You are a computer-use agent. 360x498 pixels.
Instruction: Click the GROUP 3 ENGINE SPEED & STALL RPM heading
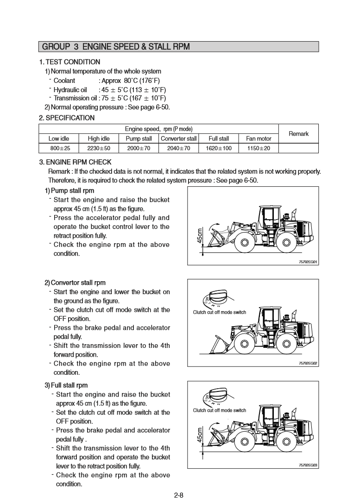pyautogui.click(x=116, y=47)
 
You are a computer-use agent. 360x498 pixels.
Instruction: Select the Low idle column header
pyautogui.click(x=59, y=139)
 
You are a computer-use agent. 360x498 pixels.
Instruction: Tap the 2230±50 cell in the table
pyautogui.click(x=99, y=148)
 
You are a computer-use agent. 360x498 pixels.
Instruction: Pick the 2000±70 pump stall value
pyautogui.click(x=139, y=148)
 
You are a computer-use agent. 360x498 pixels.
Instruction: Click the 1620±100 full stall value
pyautogui.click(x=219, y=148)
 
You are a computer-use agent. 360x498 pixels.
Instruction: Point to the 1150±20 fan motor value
pyautogui.click(x=259, y=148)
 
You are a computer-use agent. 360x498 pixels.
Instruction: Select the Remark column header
pyautogui.click(x=298, y=133)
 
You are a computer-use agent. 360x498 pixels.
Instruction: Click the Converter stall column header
pyautogui.click(x=178, y=139)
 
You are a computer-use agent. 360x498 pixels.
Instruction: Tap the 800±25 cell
pyautogui.click(x=59, y=148)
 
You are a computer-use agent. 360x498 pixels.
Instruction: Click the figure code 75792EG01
pyautogui.click(x=308, y=262)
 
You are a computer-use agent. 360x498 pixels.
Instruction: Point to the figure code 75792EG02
pyautogui.click(x=308, y=364)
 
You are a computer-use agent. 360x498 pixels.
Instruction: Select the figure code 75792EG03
pyautogui.click(x=308, y=465)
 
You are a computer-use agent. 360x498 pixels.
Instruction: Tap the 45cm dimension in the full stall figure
pyautogui.click(x=200, y=435)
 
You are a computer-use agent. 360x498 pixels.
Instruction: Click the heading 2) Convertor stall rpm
pyautogui.click(x=75, y=283)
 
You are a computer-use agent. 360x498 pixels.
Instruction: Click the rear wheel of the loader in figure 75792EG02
pyautogui.click(x=286, y=345)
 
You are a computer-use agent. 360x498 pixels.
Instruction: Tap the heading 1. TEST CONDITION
pyautogui.click(x=69, y=62)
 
